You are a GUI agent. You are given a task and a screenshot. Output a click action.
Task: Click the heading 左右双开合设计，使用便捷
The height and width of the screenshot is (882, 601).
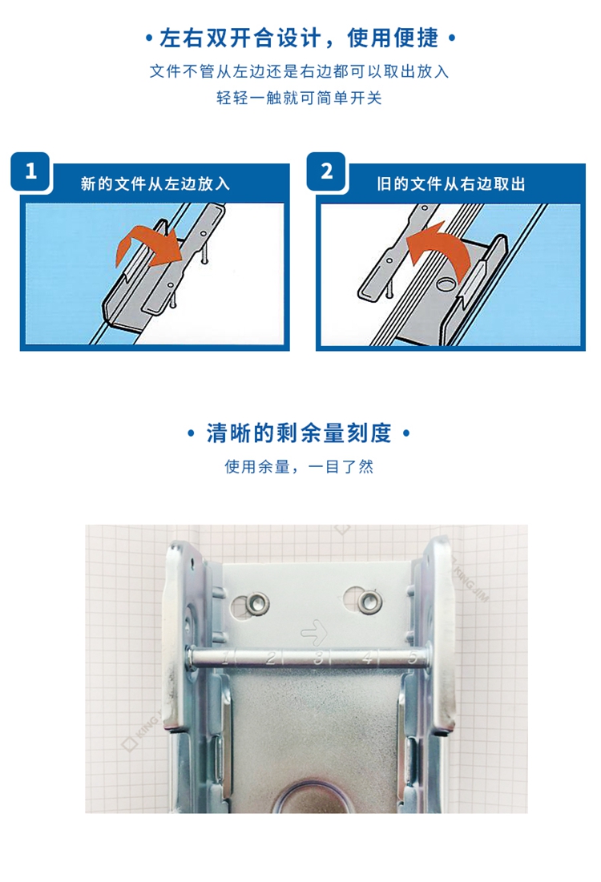coord(299,38)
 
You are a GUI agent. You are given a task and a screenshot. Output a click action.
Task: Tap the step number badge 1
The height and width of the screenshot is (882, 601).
coord(30,171)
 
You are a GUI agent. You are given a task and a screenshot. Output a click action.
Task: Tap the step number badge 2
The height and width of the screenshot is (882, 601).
coord(326,171)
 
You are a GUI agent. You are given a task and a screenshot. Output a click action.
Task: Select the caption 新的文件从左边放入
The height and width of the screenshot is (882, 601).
coord(155,184)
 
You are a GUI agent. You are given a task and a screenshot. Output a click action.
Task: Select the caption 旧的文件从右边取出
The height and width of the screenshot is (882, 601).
coord(450,184)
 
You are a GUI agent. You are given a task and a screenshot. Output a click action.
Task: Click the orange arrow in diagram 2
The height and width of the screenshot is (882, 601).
coord(439,249)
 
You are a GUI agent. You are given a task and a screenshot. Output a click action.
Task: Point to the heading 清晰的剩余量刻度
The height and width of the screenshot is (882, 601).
coord(299,433)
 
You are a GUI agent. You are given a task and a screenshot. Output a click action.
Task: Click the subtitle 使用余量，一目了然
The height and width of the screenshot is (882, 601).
coord(299,466)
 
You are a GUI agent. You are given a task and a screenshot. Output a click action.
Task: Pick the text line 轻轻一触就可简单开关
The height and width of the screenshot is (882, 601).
coord(299,98)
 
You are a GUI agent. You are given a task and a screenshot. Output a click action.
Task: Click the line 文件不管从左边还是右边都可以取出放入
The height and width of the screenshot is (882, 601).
coord(299,71)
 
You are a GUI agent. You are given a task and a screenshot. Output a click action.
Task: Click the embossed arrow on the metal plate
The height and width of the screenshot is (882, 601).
coord(315,632)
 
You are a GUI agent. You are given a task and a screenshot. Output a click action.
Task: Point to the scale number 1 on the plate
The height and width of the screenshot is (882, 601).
coord(228,657)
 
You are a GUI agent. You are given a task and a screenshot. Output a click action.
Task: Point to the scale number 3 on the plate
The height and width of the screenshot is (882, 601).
coord(319,658)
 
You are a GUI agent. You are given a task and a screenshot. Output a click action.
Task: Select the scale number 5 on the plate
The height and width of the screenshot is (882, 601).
coord(413,657)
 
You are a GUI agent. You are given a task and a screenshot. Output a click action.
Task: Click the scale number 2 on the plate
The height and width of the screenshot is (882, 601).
coord(272,658)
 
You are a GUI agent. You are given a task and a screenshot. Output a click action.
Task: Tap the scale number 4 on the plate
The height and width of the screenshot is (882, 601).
coord(368,657)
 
